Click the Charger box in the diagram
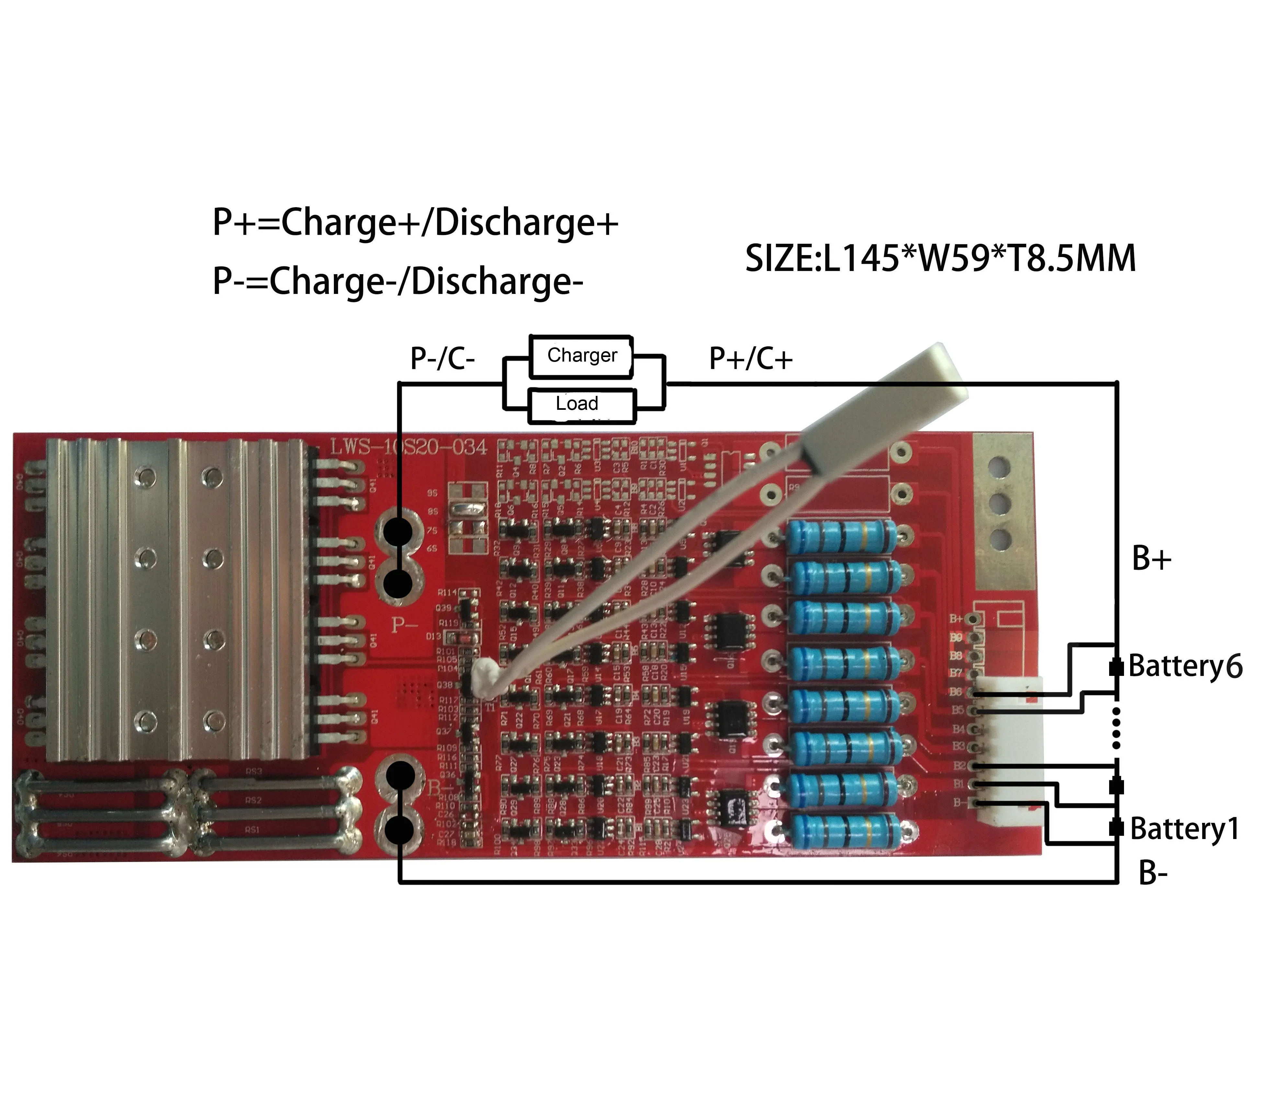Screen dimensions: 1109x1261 [x=581, y=356]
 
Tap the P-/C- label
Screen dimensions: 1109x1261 [x=442, y=358]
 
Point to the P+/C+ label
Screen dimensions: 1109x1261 [x=750, y=358]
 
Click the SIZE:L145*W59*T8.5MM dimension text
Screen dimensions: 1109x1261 [x=940, y=258]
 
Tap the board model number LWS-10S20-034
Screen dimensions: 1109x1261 [x=408, y=447]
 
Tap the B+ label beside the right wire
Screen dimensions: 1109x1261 [x=1151, y=558]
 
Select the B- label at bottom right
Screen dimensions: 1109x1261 [x=1153, y=873]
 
